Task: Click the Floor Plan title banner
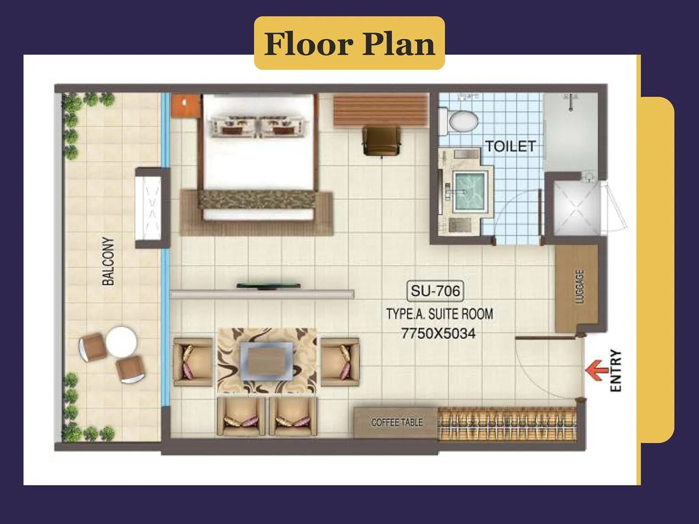pyautogui.click(x=349, y=43)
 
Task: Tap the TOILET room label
pyautogui.click(x=510, y=146)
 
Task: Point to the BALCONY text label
pyautogui.click(x=108, y=261)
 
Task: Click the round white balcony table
pyautogui.click(x=121, y=341)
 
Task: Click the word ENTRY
pyautogui.click(x=615, y=370)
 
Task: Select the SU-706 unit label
pyautogui.click(x=435, y=291)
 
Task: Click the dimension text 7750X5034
pyautogui.click(x=438, y=334)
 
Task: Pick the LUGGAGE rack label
pyautogui.click(x=580, y=286)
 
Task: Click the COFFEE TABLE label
pyautogui.click(x=397, y=422)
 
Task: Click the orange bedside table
pyautogui.click(x=185, y=105)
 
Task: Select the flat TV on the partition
pyautogui.click(x=268, y=286)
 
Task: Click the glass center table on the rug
pyautogui.click(x=266, y=360)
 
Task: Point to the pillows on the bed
pyautogui.click(x=258, y=125)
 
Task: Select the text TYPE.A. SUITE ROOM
pyautogui.click(x=439, y=314)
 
